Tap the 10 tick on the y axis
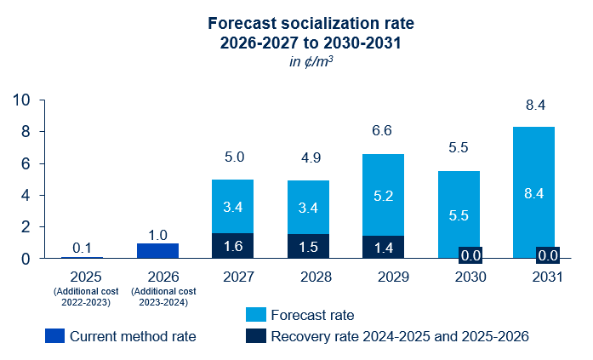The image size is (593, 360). [x=23, y=100]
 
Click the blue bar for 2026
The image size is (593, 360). [x=157, y=250]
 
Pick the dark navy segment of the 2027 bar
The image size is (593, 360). [x=232, y=245]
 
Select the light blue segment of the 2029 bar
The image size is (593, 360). [x=383, y=195]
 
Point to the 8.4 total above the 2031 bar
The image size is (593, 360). [x=533, y=106]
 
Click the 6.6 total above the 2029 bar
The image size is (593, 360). [x=383, y=130]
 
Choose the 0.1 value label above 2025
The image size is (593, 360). [x=83, y=248]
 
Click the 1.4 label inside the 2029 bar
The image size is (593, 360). [x=383, y=248]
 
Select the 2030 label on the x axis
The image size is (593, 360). [x=459, y=277]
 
